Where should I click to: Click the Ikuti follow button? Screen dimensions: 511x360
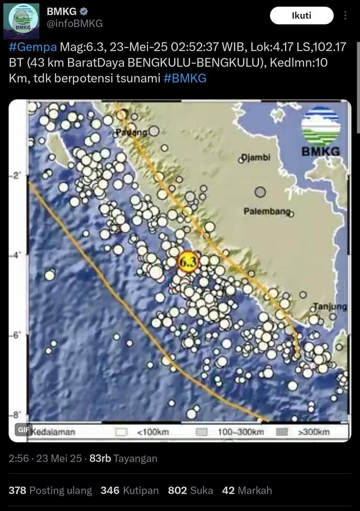(x=301, y=16)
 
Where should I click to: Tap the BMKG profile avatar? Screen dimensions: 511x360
(x=21, y=21)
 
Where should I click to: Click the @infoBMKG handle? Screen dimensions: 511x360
(x=74, y=24)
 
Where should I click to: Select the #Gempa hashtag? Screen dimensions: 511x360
(x=33, y=47)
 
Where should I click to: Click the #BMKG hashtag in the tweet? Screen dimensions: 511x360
(x=185, y=79)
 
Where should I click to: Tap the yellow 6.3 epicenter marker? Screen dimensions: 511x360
(x=188, y=262)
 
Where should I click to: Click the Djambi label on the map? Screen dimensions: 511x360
(x=255, y=158)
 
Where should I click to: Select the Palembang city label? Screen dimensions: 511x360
(x=267, y=211)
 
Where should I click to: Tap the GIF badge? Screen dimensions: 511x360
(x=23, y=429)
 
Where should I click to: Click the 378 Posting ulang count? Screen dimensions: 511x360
(x=50, y=491)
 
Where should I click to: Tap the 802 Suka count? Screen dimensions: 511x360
(x=190, y=491)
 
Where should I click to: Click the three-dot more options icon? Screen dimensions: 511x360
(x=345, y=16)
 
